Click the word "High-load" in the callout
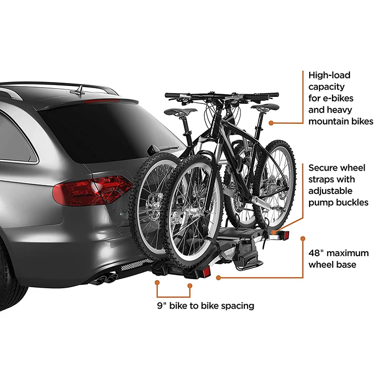pyautogui.click(x=330, y=75)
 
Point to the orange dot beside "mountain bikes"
pyautogui.click(x=271, y=123)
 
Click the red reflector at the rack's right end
pyautogui.click(x=286, y=235)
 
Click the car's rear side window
pyautogui.click(x=18, y=138)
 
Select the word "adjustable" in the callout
pyautogui.click(x=332, y=191)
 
